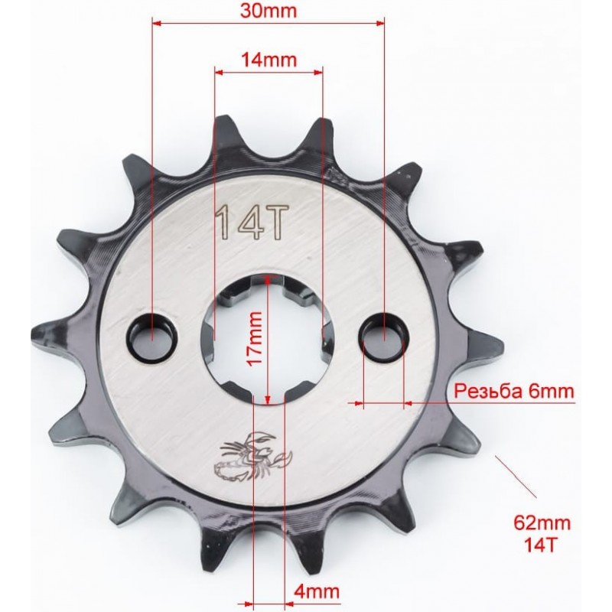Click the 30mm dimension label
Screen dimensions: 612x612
point(269,11)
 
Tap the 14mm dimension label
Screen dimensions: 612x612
point(269,60)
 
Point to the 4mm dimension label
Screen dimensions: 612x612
point(317,591)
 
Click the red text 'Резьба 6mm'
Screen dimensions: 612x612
point(514,391)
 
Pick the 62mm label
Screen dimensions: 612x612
point(542,522)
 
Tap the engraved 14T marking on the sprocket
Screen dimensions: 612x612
point(252,223)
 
